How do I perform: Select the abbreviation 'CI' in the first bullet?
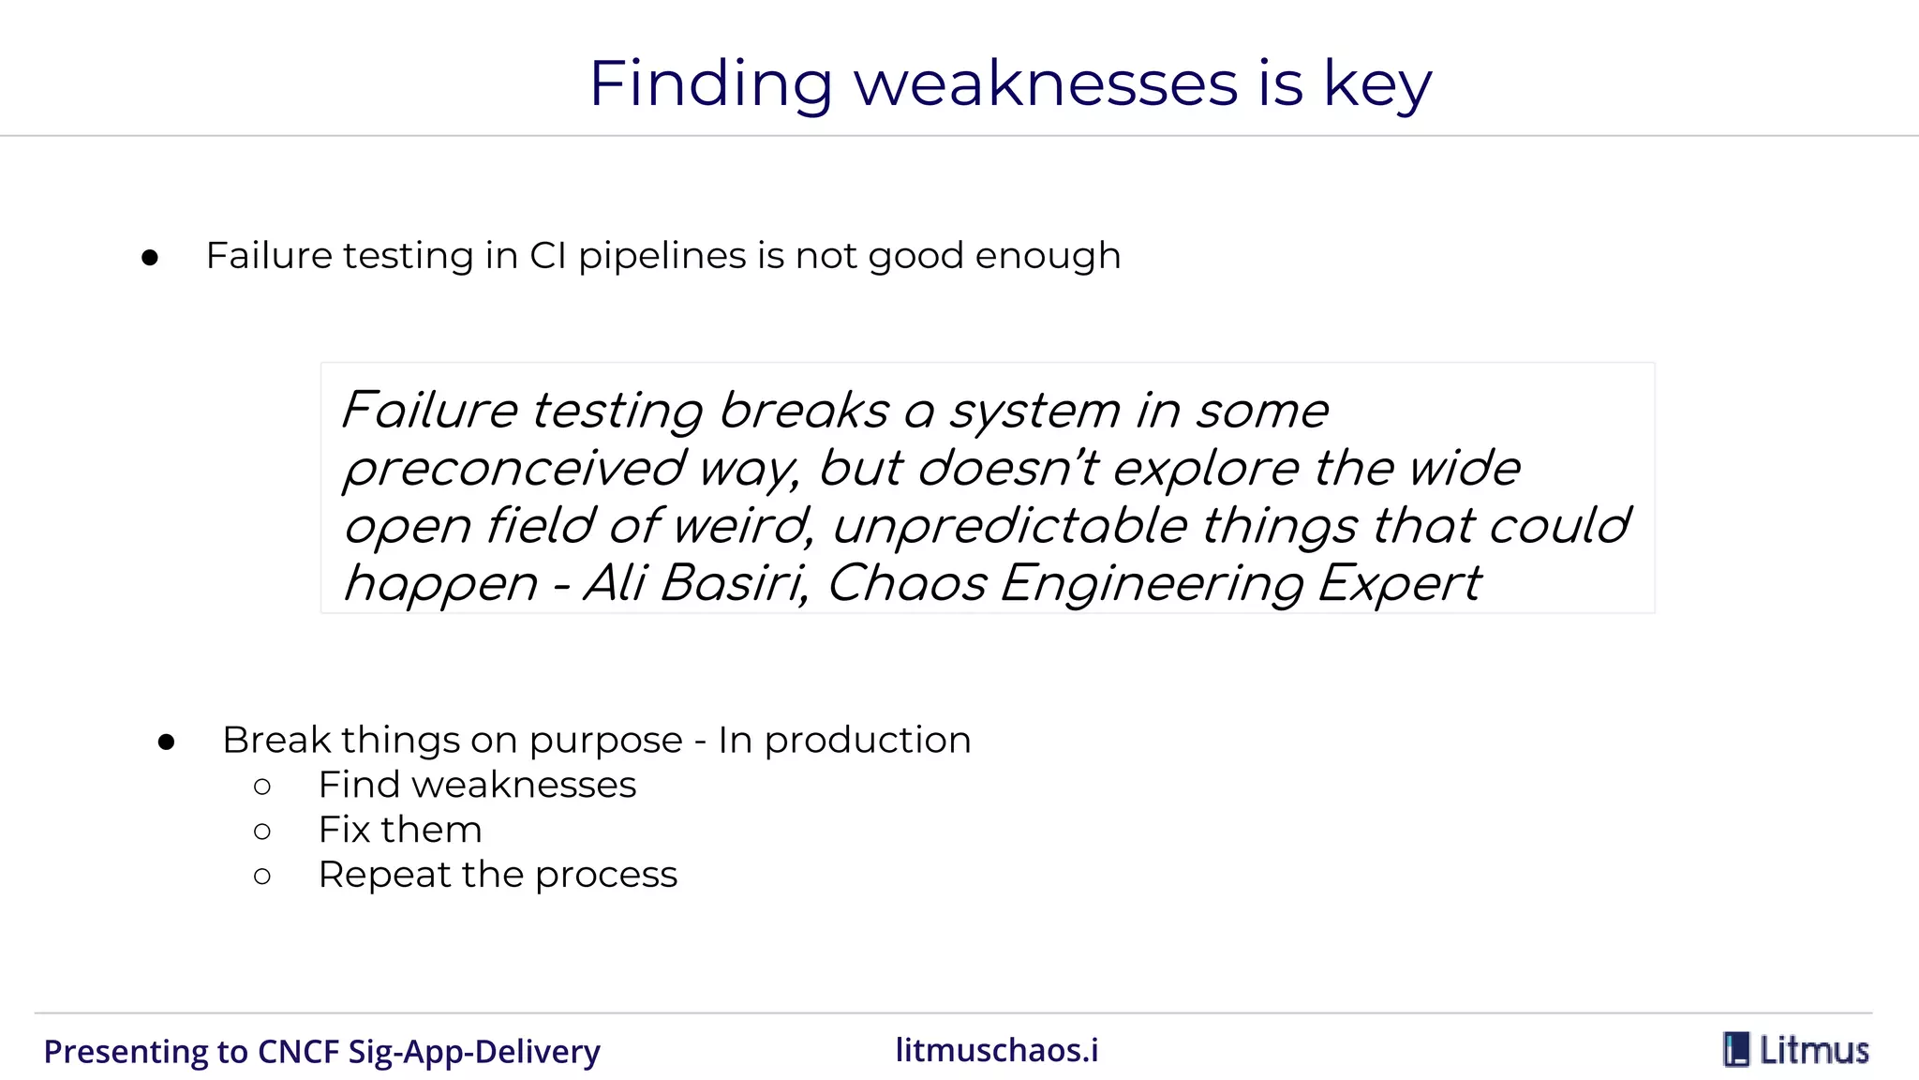tap(548, 256)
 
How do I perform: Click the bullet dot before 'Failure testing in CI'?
tap(150, 258)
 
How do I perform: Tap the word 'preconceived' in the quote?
tap(513, 470)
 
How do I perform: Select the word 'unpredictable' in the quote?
tap(1010, 527)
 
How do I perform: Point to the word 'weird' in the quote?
tap(741, 526)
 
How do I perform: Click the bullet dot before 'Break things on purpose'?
tap(167, 742)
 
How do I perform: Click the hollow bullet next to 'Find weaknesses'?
tap(262, 787)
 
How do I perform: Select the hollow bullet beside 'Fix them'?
tap(262, 832)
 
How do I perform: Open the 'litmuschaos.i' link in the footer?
tap(997, 1051)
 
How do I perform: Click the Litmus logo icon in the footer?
tap(1736, 1050)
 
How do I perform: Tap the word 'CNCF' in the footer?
tap(298, 1052)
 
